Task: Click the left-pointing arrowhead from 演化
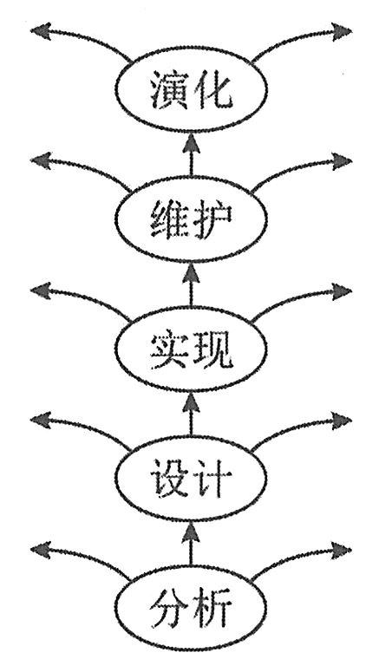tap(41, 31)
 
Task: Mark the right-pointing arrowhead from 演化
tap(342, 31)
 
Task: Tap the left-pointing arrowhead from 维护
tap(41, 161)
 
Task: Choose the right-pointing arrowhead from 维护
tap(342, 161)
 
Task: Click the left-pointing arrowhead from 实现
tap(41, 290)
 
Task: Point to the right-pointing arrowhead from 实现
tap(342, 290)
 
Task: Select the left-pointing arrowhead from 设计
tap(41, 421)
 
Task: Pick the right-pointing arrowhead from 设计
tap(342, 421)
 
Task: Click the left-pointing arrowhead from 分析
tap(41, 550)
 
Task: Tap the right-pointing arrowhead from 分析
tap(342, 550)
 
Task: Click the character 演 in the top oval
tap(168, 89)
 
